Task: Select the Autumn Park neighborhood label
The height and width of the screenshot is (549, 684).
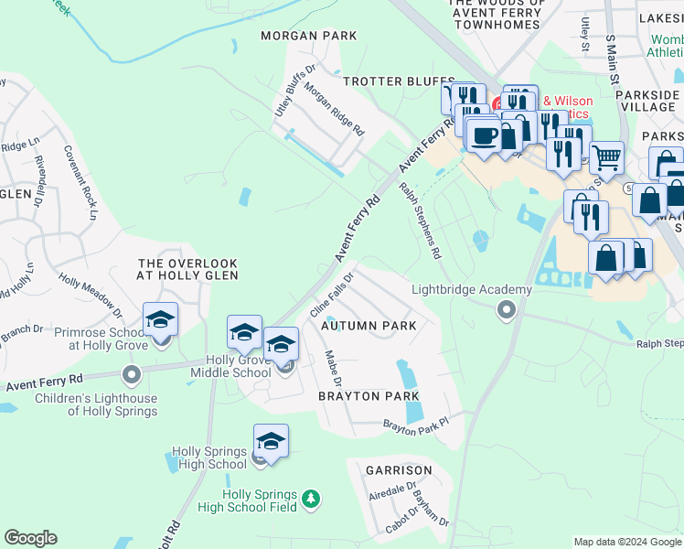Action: coord(369,326)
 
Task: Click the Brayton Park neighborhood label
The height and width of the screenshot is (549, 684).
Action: coord(369,396)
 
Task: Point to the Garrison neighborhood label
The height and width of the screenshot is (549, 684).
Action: coord(398,469)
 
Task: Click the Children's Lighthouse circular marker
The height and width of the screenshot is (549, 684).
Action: coord(131,373)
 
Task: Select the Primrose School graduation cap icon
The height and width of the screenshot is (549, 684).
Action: coord(161,319)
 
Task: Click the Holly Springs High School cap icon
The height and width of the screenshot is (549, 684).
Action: coord(271,441)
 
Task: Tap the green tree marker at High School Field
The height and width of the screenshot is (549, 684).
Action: coord(312,499)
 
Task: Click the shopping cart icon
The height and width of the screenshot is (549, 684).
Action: coord(606,158)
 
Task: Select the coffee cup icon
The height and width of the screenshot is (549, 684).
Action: coord(484,135)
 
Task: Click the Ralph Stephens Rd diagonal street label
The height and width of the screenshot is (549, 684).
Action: coord(421,220)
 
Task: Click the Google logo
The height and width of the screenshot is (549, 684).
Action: coord(30,538)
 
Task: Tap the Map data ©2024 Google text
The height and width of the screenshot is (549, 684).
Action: coord(626,542)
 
